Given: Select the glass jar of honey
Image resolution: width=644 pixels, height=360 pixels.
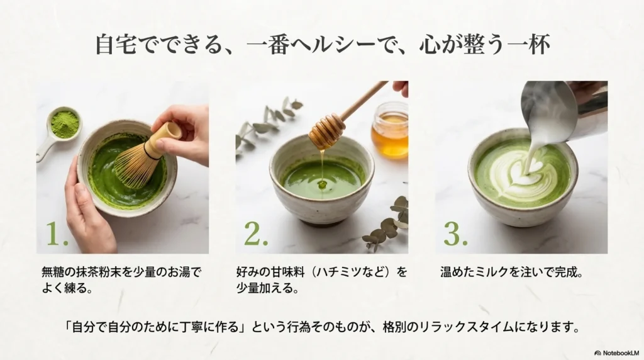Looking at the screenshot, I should tap(389, 130).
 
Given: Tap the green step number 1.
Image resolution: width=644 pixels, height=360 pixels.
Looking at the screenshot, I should tap(57, 233).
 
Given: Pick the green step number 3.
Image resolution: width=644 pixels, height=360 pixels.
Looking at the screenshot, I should tap(455, 233).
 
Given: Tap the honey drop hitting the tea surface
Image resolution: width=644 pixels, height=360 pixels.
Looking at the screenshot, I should tap(322, 184).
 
